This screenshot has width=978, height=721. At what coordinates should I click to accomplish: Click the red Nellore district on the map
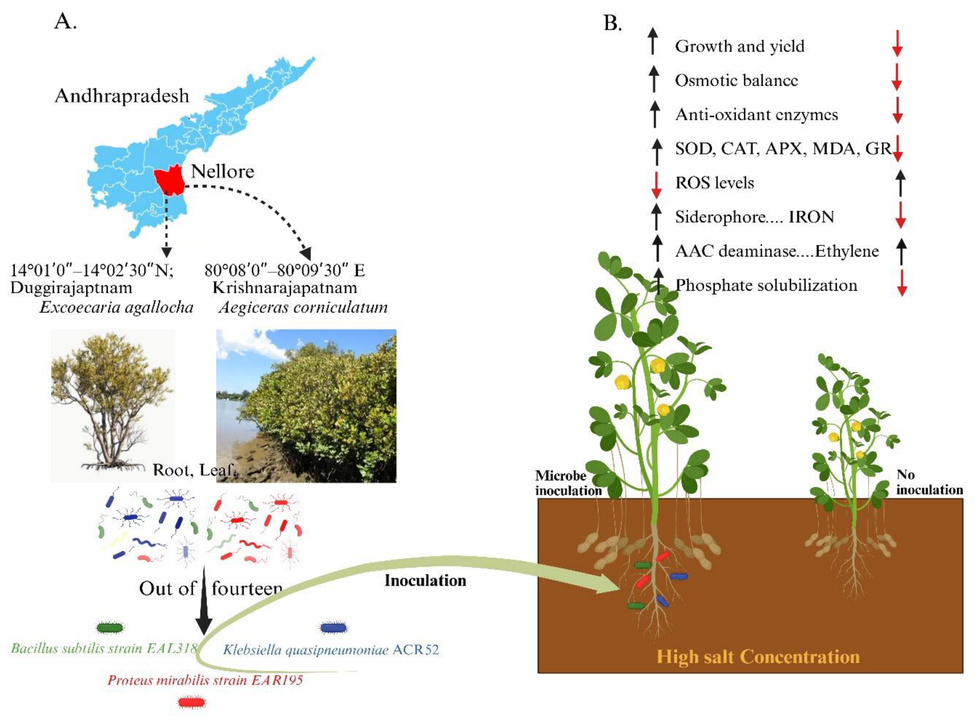169,180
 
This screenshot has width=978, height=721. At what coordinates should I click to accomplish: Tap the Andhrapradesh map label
122,96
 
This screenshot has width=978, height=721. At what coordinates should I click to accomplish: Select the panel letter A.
65,21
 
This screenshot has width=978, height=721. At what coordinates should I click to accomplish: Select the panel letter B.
613,23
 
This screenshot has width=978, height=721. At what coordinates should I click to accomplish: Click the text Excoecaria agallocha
116,307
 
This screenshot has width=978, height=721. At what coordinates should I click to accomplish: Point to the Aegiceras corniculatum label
303,307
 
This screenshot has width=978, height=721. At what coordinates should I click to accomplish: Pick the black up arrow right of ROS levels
900,183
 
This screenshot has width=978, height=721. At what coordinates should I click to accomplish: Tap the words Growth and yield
739,46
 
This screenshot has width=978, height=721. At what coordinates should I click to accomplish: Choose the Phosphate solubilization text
766,285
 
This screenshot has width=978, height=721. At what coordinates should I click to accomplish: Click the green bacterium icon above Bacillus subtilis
110,628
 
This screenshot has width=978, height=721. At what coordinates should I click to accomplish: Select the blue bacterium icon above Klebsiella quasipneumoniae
334,627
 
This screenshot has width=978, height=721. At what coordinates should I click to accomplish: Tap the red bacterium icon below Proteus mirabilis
192,702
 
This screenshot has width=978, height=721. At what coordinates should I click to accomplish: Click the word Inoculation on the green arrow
425,580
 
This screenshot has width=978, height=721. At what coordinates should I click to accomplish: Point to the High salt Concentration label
758,657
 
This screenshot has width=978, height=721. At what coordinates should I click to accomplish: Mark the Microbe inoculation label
568,483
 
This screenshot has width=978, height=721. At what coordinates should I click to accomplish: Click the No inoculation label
929,482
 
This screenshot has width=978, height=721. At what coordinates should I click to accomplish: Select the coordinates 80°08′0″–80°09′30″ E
285,270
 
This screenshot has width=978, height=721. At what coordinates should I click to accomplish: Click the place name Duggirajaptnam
71,288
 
